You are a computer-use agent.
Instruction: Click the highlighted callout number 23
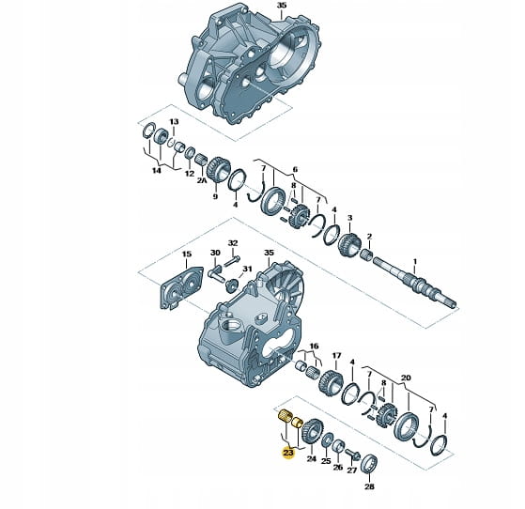288,453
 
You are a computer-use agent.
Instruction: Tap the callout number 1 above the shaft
415,261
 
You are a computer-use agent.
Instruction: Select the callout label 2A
202,180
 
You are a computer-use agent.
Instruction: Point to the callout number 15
187,254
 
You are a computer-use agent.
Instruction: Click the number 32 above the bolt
233,243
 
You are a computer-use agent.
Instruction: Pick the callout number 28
369,486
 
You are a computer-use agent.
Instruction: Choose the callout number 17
336,355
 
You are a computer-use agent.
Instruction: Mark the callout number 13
174,121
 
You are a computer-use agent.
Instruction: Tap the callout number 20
406,378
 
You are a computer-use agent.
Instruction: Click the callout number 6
295,169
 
